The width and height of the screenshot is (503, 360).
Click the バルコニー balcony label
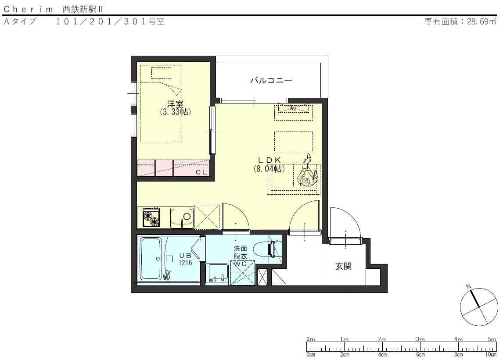pos(271,80)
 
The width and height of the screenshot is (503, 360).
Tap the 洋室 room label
pos(175,104)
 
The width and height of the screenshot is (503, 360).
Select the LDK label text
pos(269,160)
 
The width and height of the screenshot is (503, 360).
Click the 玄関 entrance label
pos(344,266)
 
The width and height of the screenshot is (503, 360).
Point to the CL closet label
pos(201,172)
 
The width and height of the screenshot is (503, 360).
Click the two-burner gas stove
pos(151,217)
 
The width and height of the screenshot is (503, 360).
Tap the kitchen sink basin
pos(182,218)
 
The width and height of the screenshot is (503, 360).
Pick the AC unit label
pos(293,108)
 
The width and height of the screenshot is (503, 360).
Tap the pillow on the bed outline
pos(162,73)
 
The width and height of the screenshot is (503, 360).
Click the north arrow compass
pos(478,307)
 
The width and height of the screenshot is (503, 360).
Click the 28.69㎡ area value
pos(481,21)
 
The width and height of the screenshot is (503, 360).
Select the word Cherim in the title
pos(28,9)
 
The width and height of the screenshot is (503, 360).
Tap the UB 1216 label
pos(185,259)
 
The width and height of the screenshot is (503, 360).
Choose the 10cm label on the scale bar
pos(491,355)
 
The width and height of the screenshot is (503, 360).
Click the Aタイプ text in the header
pos(20,21)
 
